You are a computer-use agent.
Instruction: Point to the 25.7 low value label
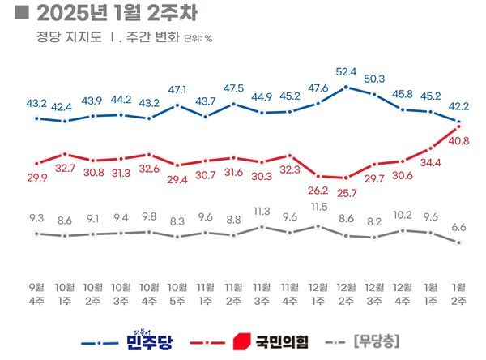click(347, 191)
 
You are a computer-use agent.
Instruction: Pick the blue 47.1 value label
click(177, 89)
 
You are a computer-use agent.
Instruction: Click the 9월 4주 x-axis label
click(36, 293)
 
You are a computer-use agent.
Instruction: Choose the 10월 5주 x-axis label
click(177, 293)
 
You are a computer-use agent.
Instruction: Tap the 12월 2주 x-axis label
click(346, 293)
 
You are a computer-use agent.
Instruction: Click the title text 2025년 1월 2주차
click(113, 15)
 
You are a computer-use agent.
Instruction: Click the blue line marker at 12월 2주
click(346, 87)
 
